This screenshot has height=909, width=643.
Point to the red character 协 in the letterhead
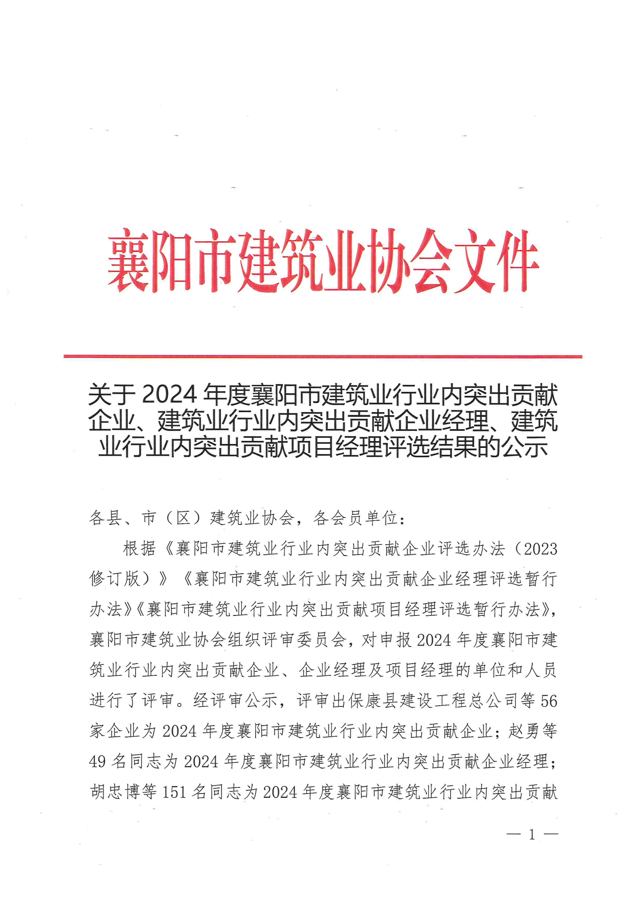(387, 261)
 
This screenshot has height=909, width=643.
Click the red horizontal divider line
(322, 357)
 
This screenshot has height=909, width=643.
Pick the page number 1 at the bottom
(532, 835)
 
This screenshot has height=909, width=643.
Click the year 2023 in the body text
(540, 549)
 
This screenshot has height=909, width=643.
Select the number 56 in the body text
(549, 701)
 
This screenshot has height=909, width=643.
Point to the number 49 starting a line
(98, 761)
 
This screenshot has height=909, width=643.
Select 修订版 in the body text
(115, 579)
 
